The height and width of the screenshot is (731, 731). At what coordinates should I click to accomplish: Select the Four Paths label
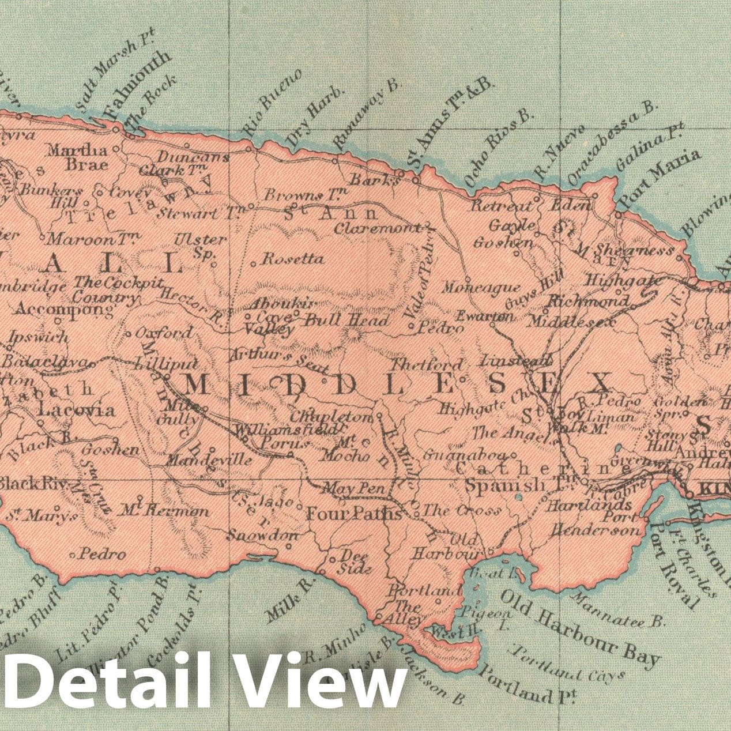coord(353,513)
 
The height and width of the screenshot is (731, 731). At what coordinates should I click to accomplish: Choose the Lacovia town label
coord(77,410)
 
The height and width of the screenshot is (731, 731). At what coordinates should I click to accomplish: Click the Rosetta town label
coord(293,259)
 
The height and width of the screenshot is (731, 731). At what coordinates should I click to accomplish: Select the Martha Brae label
coord(78,157)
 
